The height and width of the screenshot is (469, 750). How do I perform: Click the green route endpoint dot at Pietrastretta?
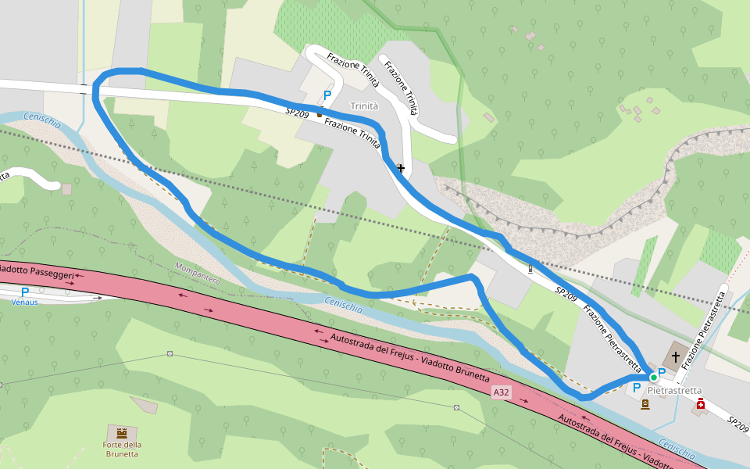(x=653, y=377)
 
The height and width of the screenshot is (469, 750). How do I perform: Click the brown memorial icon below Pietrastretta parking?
(x=645, y=404)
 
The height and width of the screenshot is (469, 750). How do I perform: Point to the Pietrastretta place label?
(x=675, y=390)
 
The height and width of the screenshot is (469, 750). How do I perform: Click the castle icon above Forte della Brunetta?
(x=121, y=432)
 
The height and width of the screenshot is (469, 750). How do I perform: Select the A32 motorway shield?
(x=501, y=391)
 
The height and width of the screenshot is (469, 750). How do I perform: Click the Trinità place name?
(x=364, y=106)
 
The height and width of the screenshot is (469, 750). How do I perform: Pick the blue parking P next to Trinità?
(x=327, y=95)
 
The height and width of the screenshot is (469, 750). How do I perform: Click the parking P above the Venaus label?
(x=25, y=292)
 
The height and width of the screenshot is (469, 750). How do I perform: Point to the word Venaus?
(x=25, y=301)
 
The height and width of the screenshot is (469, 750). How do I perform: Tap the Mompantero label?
(x=198, y=273)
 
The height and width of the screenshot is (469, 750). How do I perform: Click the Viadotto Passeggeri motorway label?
(x=37, y=273)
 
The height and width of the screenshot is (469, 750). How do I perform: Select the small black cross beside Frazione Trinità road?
(x=401, y=168)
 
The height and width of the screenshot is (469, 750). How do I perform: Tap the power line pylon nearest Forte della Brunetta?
(x=170, y=353)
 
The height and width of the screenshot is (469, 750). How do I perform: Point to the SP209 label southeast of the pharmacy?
(x=737, y=424)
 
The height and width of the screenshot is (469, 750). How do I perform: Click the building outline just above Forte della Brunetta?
(x=144, y=405)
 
